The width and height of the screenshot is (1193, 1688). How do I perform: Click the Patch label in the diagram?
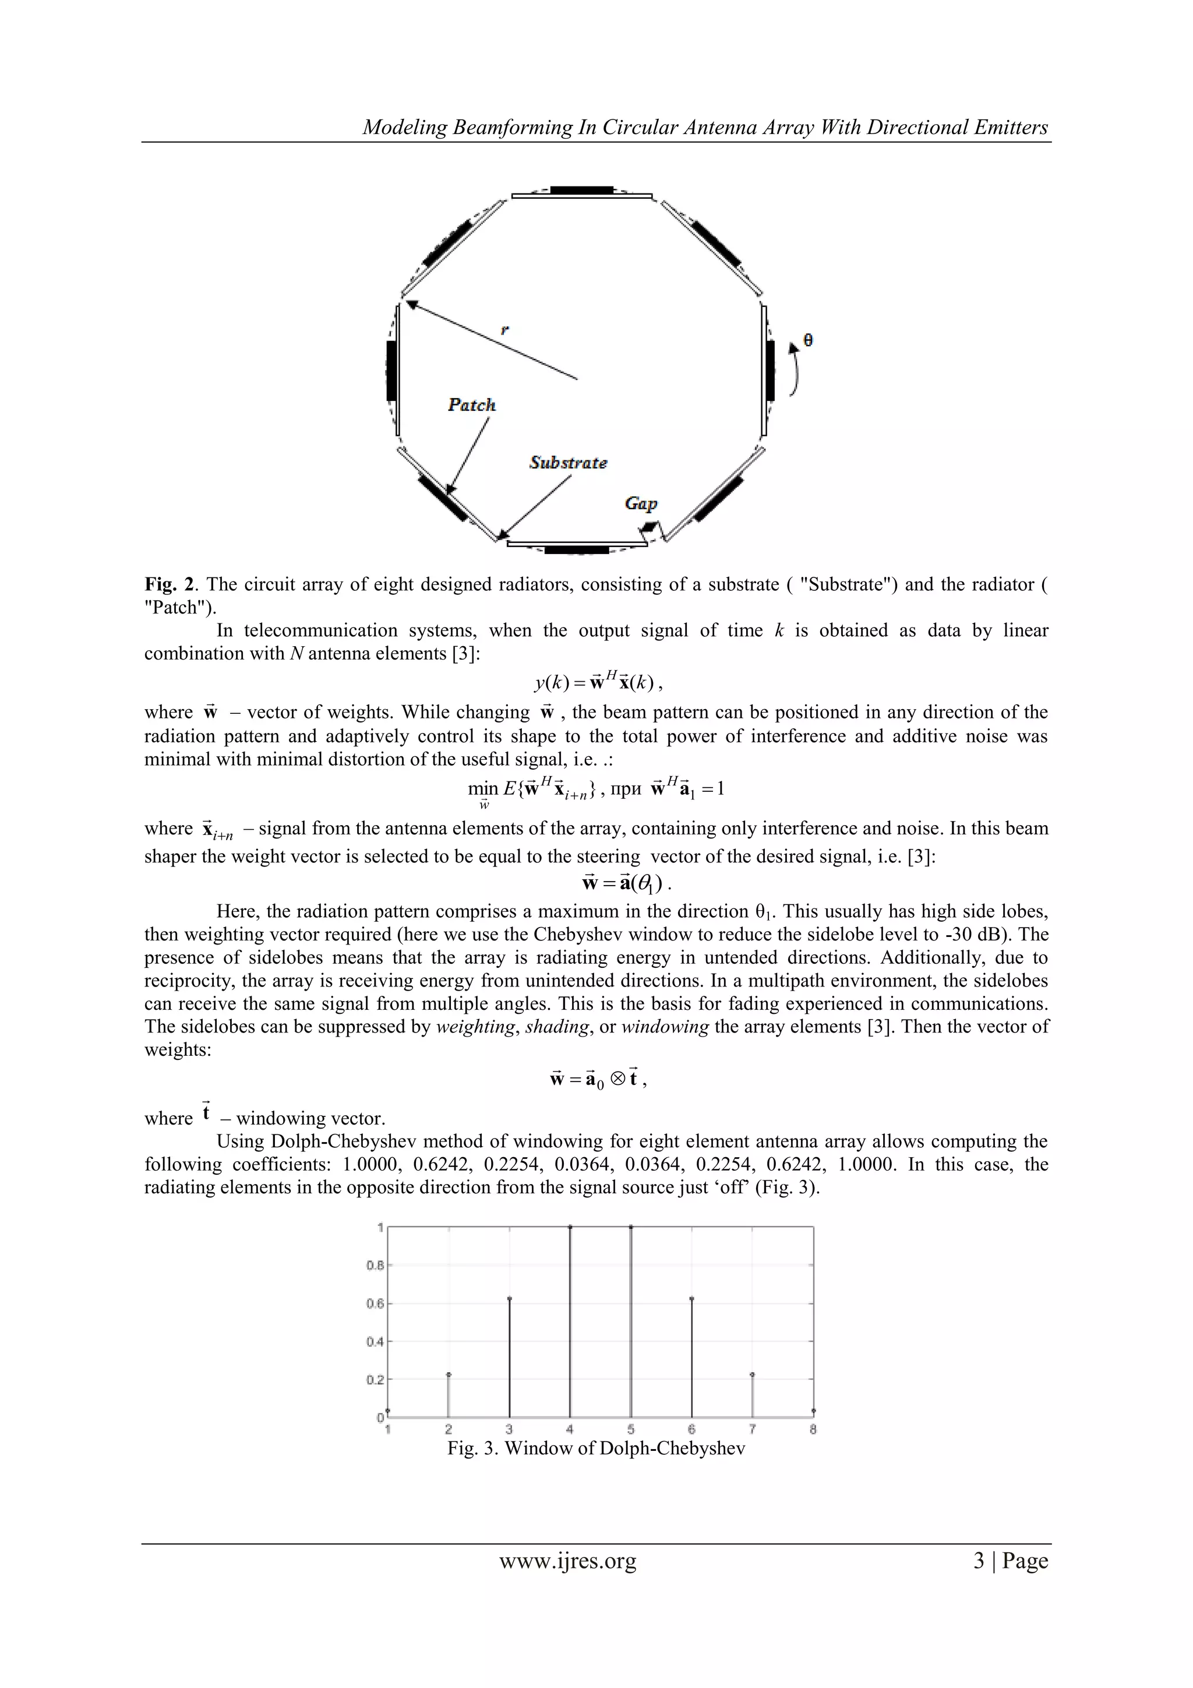click(472, 404)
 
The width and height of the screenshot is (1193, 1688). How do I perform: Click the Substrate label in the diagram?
click(568, 463)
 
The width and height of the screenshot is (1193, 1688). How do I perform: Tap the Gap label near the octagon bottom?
click(640, 503)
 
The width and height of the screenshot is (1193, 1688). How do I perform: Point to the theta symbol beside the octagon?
click(808, 340)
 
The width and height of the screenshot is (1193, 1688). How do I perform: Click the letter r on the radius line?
click(504, 330)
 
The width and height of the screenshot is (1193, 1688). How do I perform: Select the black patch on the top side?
click(581, 191)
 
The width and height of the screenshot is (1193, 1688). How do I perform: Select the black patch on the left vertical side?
click(391, 371)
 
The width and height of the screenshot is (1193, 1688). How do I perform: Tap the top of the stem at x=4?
click(570, 1227)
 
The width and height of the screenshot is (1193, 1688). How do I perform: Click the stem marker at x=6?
click(691, 1299)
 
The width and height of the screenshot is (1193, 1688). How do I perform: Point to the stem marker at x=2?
click(449, 1374)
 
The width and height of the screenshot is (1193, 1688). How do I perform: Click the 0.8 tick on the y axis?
click(375, 1265)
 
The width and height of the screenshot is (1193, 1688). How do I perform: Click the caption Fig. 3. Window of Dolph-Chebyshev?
click(596, 1449)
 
